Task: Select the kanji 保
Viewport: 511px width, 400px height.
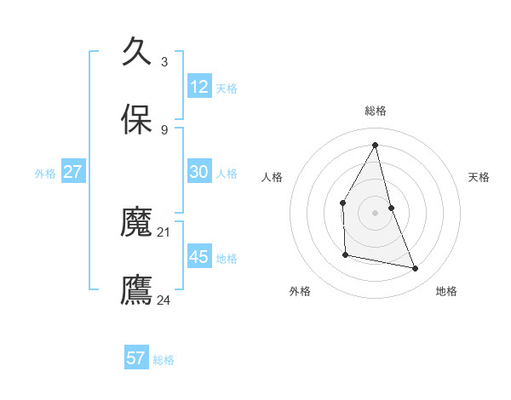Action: pyautogui.click(x=137, y=120)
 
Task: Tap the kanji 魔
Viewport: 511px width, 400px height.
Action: pyautogui.click(x=137, y=222)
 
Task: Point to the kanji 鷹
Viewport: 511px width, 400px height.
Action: pyautogui.click(x=137, y=289)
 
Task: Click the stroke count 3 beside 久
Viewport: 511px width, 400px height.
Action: pyautogui.click(x=164, y=61)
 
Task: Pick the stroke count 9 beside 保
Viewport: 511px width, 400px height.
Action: pyautogui.click(x=164, y=129)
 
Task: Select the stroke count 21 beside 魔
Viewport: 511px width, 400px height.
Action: pyautogui.click(x=164, y=231)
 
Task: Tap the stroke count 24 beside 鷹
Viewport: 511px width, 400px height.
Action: pyautogui.click(x=164, y=300)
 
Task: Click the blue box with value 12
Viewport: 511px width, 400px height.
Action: pyautogui.click(x=199, y=86)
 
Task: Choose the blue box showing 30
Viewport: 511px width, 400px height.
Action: pyautogui.click(x=199, y=171)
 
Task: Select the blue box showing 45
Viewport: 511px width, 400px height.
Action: pyautogui.click(x=199, y=256)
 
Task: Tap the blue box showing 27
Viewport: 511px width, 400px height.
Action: pyautogui.click(x=73, y=171)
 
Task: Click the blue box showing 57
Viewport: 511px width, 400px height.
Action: pyautogui.click(x=136, y=358)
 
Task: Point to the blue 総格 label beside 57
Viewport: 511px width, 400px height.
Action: pyautogui.click(x=164, y=360)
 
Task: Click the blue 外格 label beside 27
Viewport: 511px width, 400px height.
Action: pyautogui.click(x=45, y=173)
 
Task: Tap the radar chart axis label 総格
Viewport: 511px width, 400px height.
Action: pyautogui.click(x=376, y=111)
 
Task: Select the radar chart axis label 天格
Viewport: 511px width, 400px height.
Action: pyautogui.click(x=479, y=177)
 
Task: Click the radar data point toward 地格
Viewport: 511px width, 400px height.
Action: pyautogui.click(x=416, y=269)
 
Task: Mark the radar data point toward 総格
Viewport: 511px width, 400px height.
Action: pyautogui.click(x=376, y=145)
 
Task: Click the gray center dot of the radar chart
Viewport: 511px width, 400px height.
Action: pyautogui.click(x=376, y=213)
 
